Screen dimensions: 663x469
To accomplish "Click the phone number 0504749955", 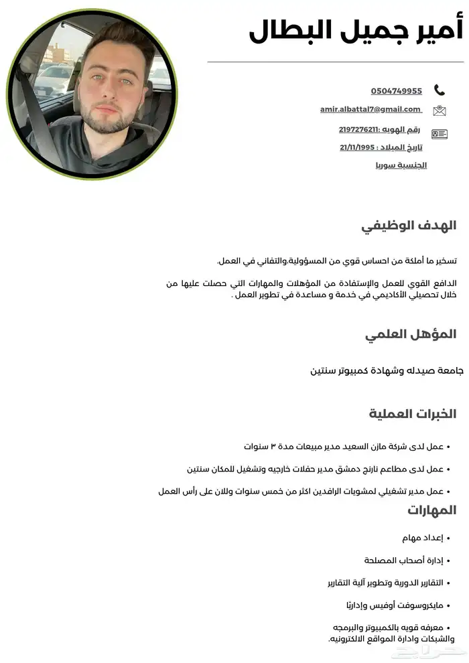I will tap(396, 91).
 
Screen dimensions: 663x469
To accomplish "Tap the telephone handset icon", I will tap(440, 90).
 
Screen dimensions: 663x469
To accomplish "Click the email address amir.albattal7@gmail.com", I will tap(371, 110).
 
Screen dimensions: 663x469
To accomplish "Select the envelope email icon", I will tap(440, 110).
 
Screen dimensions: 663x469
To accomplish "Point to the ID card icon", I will tap(440, 134).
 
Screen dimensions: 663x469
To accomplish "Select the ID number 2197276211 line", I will tap(379, 130).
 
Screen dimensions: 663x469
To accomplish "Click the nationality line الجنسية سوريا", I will tap(401, 165).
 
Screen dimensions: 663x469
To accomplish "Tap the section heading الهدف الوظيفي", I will tap(409, 226).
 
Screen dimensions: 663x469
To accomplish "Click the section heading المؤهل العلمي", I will tap(411, 334).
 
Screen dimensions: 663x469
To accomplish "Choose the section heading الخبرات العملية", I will tap(412, 414).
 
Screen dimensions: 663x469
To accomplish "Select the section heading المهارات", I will tap(431, 510).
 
